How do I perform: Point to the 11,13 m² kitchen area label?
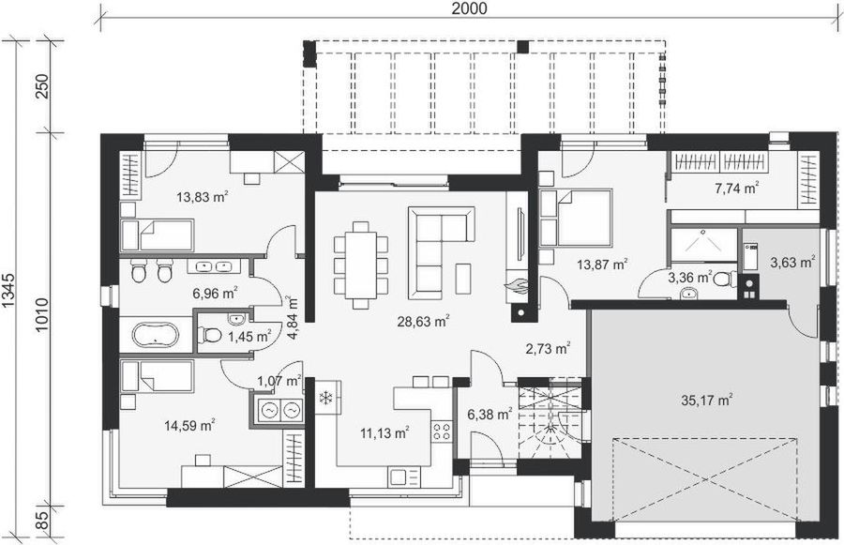pos(385,432)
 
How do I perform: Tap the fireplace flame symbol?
pos(515,281)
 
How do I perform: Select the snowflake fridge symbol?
pos(326,398)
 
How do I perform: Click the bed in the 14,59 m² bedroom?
pos(158,377)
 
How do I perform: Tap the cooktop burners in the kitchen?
pos(440,432)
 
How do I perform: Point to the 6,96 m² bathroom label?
pos(215,293)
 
